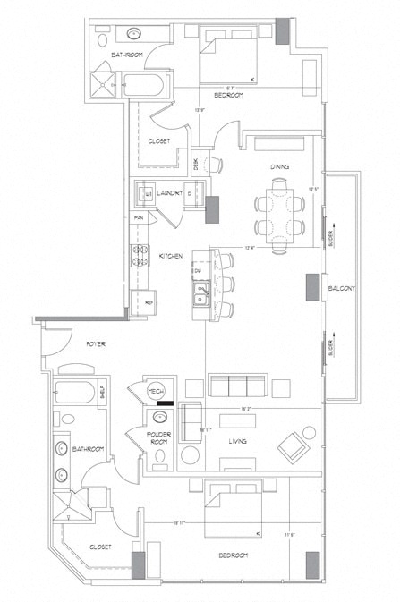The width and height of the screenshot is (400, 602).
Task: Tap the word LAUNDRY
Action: pyautogui.click(x=170, y=192)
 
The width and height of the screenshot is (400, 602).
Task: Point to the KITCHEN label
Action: pyautogui.click(x=171, y=257)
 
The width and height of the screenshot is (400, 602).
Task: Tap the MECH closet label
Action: pyautogui.click(x=157, y=392)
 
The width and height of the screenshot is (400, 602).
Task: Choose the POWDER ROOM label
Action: pyautogui.click(x=159, y=437)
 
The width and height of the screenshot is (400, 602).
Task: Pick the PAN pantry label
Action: pyautogui.click(x=140, y=217)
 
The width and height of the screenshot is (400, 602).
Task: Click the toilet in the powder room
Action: pyautogui.click(x=161, y=456)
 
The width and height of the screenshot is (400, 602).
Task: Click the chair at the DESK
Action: pyautogui.click(x=214, y=164)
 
